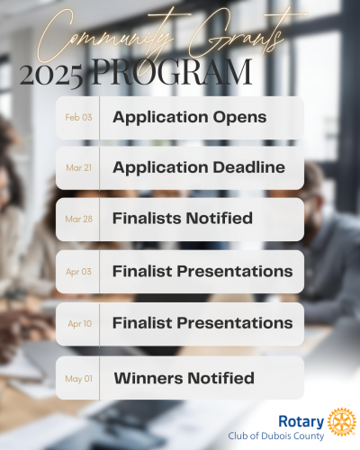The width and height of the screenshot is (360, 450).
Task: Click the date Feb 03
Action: coord(78,117)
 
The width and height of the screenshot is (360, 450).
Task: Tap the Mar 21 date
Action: coord(78,167)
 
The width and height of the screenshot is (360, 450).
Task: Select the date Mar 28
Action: coord(79,219)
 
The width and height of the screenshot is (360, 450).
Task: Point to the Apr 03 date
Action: coord(78,272)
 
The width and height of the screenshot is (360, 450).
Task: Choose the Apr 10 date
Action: coord(80,324)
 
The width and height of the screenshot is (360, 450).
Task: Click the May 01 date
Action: coord(79,379)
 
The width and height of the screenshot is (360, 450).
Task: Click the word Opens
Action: coord(239,118)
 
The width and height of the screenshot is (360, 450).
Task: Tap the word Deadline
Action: coord(249,167)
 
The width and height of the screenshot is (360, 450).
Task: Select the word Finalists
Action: coord(148,218)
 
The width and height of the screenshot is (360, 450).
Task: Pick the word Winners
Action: coord(148,378)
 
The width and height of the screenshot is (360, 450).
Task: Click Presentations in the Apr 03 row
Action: coord(235,271)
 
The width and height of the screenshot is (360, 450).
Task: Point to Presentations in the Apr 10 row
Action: coord(235,323)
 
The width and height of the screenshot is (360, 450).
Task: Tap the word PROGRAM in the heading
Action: coord(172,72)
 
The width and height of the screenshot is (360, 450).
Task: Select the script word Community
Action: coord(105,38)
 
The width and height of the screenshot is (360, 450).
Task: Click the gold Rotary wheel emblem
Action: coord(342,422)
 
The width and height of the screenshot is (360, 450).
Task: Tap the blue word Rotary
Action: coord(301,422)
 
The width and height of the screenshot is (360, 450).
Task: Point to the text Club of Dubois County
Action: coord(276,436)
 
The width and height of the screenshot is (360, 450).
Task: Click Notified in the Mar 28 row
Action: coord(219,218)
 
